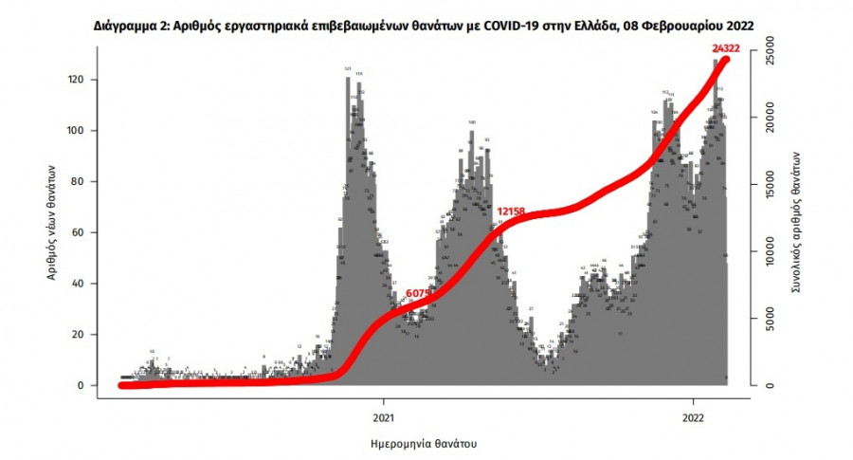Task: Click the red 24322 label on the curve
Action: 727,47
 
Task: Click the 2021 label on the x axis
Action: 383,415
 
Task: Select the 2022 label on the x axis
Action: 693,415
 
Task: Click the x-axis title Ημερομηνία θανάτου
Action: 422,443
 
